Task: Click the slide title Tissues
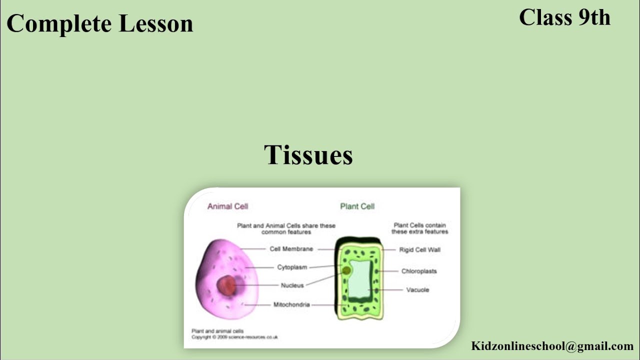tap(308, 155)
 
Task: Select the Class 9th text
tap(564, 17)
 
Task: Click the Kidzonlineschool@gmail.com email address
tap(552, 346)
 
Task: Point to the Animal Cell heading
tap(227, 206)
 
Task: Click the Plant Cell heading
tap(357, 206)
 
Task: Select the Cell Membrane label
tap(291, 249)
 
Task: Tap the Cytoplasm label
tap(292, 267)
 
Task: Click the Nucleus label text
tap(292, 285)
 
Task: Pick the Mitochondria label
tap(291, 304)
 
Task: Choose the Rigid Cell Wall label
tap(419, 249)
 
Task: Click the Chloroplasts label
tap(419, 271)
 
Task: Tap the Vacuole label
tap(417, 290)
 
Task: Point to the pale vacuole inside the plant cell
tap(360, 278)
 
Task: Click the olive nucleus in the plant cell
tap(346, 270)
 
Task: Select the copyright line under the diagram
tap(234, 337)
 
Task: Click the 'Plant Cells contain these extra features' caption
tap(419, 228)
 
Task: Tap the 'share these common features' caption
tap(286, 228)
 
